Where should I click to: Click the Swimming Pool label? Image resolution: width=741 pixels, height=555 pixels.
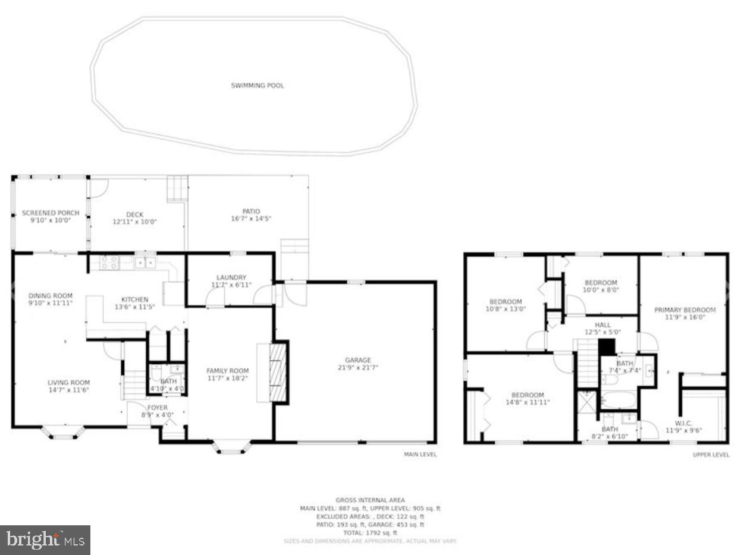point(257,86)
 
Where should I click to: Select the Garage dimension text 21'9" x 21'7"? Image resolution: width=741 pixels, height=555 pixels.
point(358,368)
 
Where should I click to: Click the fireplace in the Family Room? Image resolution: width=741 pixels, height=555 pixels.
point(278,372)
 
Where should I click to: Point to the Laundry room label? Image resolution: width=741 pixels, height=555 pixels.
point(231,277)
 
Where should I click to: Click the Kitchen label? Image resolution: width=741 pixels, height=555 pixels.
point(135,299)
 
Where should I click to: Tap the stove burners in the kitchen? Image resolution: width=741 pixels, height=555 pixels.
point(109,262)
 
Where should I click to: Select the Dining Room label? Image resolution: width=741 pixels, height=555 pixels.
point(51,296)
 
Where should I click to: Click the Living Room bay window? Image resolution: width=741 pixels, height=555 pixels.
point(62,433)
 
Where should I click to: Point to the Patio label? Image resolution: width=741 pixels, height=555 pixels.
point(251,211)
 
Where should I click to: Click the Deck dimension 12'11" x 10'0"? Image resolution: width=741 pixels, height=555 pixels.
point(135,222)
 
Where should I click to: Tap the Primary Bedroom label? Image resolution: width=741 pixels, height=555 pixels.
point(685,310)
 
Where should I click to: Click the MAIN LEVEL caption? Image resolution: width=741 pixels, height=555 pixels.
point(420,455)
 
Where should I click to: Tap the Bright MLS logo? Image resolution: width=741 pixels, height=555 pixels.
point(45,540)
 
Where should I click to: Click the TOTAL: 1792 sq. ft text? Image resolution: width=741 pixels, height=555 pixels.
point(370,533)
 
